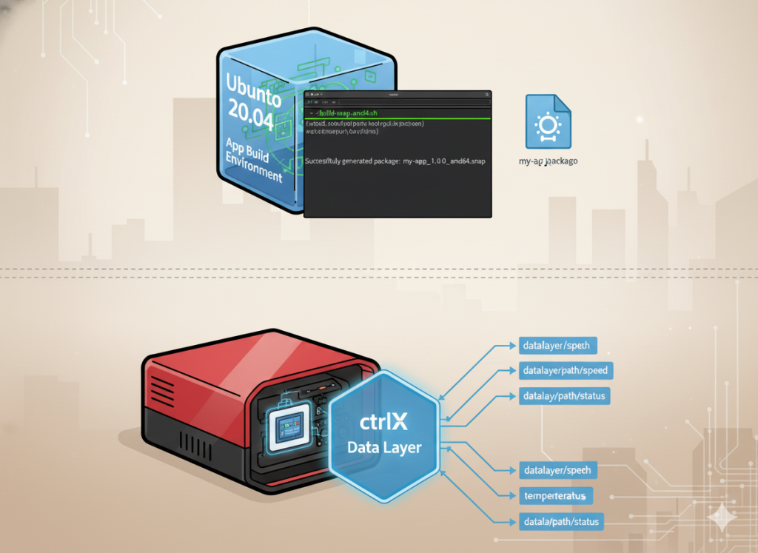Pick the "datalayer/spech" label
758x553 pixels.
click(x=556, y=470)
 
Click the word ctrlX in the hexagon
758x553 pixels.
click(x=384, y=423)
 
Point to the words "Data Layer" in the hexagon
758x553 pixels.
click(x=384, y=447)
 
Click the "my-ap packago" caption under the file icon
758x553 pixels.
click(x=549, y=160)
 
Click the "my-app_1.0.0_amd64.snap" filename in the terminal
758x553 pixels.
click(x=444, y=161)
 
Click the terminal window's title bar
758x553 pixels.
click(x=398, y=95)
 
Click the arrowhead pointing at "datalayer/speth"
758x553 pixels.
click(x=512, y=345)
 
